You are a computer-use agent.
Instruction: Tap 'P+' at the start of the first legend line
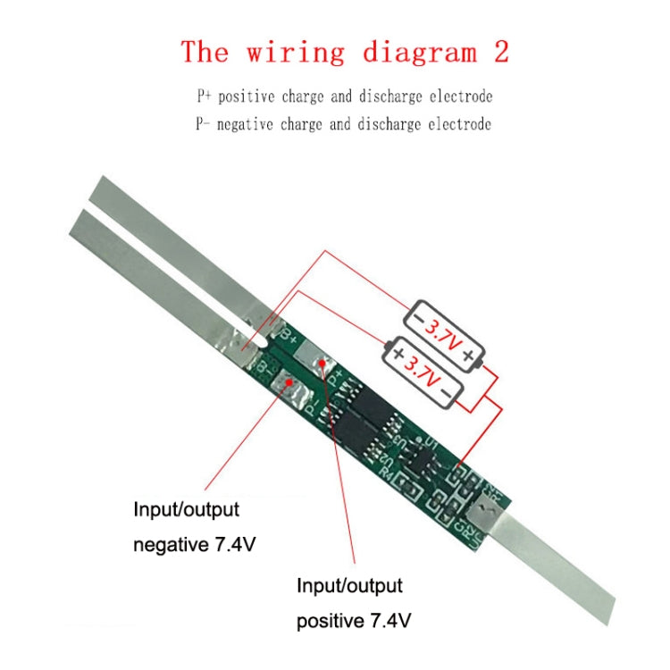[205, 96]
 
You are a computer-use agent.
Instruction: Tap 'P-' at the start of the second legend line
[204, 124]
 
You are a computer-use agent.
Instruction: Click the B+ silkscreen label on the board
[289, 338]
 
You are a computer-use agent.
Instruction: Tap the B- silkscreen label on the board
[261, 367]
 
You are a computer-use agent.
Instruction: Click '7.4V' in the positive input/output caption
[383, 619]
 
